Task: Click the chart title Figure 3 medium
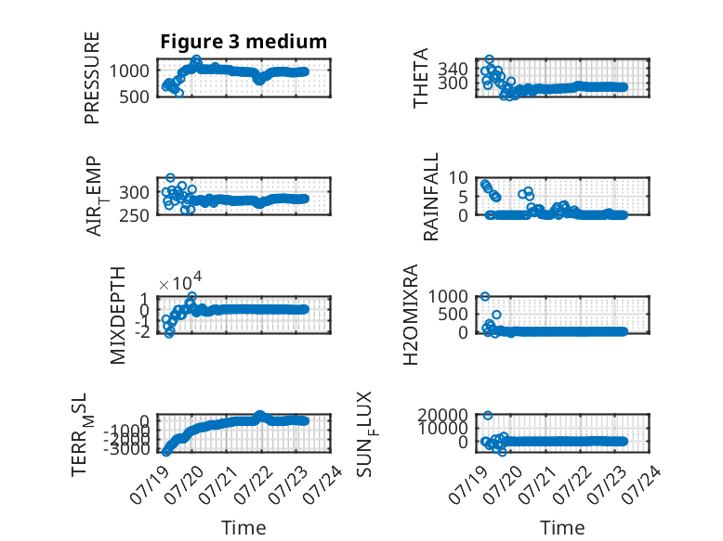tap(243, 42)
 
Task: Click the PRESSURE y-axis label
tap(92, 78)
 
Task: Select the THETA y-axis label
tap(421, 78)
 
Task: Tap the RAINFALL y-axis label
tap(430, 197)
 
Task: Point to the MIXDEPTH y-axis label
tap(118, 316)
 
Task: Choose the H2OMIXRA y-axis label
tap(411, 315)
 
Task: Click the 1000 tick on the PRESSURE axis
tap(129, 71)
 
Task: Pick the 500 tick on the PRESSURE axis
tap(134, 97)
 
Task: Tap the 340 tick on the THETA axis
tap(453, 70)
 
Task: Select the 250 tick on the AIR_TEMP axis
tap(134, 215)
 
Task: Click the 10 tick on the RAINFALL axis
tap(458, 178)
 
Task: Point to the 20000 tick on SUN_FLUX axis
tap(442, 416)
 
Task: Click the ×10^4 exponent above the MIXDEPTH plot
tap(180, 282)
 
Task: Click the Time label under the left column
tap(243, 528)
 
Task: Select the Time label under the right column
tap(562, 528)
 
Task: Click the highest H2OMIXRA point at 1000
tap(484, 297)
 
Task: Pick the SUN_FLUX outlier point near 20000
tap(488, 416)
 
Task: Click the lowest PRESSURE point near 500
tap(179, 93)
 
